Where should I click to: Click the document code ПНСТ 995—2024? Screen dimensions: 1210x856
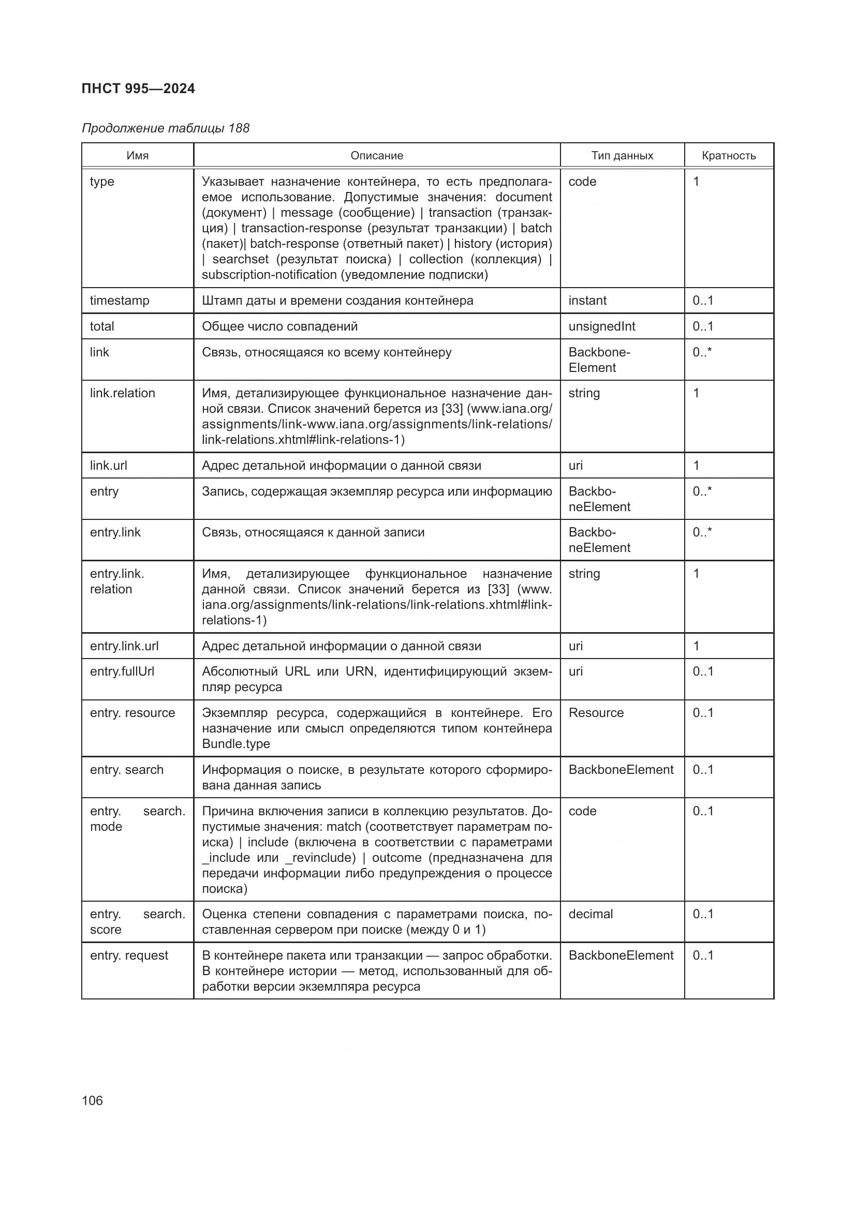[138, 88]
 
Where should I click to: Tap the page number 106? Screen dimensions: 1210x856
[92, 1100]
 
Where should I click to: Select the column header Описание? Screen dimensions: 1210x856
[377, 156]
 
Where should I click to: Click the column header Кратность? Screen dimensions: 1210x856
[729, 156]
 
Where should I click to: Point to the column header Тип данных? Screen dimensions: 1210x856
[622, 156]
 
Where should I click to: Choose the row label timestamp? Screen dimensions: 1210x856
[120, 301]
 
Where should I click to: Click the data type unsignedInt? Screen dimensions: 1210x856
[601, 326]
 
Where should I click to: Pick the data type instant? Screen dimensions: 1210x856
[587, 301]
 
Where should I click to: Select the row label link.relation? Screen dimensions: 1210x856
[122, 393]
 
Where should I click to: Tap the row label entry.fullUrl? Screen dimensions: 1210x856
[122, 671]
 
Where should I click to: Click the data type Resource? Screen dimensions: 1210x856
[596, 712]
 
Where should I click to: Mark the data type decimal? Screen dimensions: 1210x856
[591, 914]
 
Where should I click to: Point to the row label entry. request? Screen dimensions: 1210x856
[129, 955]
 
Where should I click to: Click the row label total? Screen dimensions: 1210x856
[102, 326]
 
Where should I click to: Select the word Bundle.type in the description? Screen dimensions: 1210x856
[235, 743]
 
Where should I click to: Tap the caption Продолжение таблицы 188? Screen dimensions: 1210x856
[166, 128]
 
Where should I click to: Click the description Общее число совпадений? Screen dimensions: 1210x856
[279, 326]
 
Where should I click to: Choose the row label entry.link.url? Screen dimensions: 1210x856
[124, 646]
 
